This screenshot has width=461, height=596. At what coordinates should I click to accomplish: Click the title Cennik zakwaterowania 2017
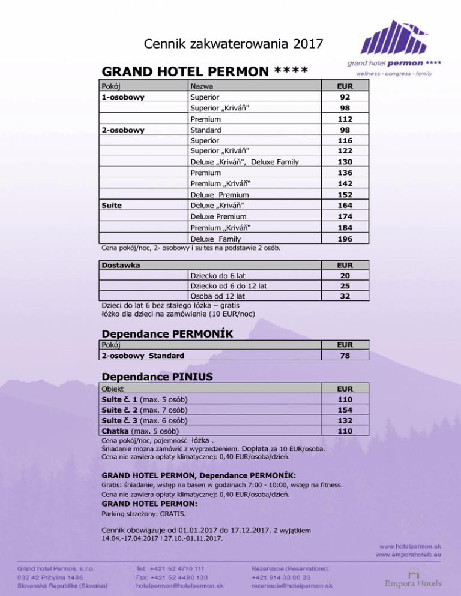[x=234, y=43]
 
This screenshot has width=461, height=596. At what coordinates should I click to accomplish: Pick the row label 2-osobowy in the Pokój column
[x=123, y=130]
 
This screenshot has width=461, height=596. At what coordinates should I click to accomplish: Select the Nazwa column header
[x=202, y=86]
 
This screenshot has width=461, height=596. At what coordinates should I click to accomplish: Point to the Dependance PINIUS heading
[x=158, y=377]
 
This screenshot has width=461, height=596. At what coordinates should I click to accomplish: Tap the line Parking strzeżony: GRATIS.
[x=143, y=514]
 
